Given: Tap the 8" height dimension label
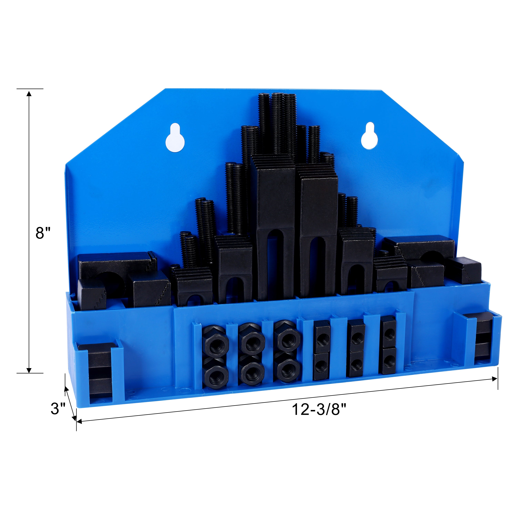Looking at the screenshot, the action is coord(43,233).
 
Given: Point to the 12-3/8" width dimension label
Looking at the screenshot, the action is coord(319,409).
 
